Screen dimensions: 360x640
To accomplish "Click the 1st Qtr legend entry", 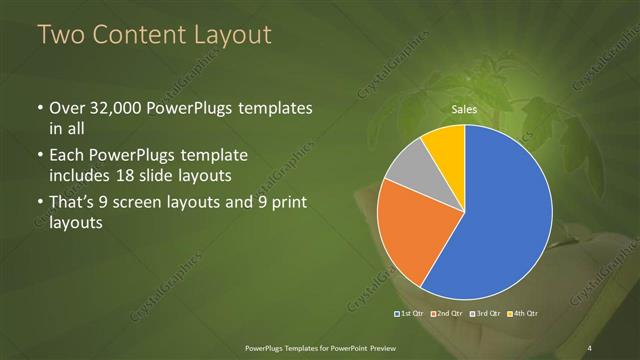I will [412, 315].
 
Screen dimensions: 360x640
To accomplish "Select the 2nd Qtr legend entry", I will [447, 315].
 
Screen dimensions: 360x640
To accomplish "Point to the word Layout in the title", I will [232, 36].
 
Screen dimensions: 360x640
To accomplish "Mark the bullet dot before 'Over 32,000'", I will [39, 109].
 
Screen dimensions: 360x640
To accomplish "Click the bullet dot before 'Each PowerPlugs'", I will [39, 156].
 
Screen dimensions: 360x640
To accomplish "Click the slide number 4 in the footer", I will [590, 347].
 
